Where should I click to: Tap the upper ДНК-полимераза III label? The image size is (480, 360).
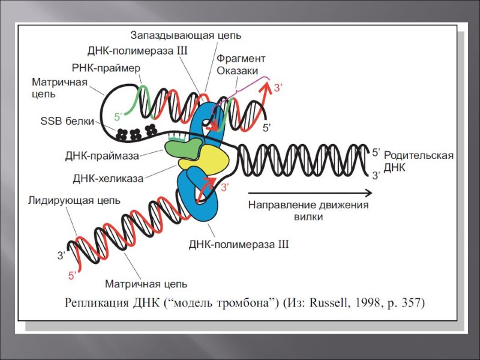pos(138,51)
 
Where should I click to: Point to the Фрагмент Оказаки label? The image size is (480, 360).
pos(241,65)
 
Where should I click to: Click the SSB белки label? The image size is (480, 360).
pos(67,121)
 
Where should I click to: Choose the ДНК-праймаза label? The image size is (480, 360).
pos(102,156)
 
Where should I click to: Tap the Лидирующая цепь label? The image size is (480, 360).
pos(74,200)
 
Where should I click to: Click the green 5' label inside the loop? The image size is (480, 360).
pos(118,114)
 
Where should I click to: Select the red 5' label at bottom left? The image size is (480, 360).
pos(71,275)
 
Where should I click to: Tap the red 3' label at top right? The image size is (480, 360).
pos(278,88)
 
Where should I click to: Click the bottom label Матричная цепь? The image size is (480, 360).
pos(146,283)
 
